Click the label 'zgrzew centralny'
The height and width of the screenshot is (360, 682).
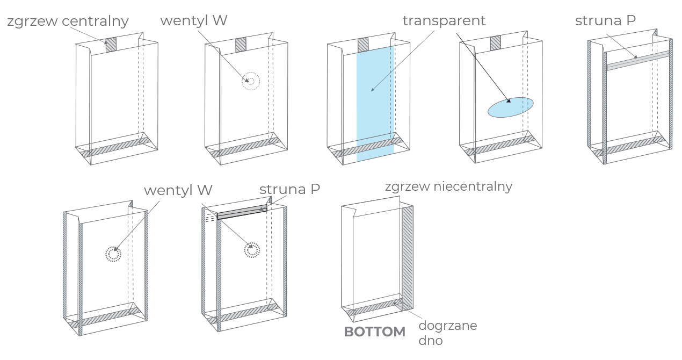(x=68, y=22)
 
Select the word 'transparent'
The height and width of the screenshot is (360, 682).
(x=444, y=21)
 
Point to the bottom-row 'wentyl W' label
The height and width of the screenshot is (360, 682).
(x=178, y=190)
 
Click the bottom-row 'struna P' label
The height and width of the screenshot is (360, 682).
(x=290, y=190)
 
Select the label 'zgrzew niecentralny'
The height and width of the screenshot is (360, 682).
(x=448, y=187)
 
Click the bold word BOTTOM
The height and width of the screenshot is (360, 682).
(x=374, y=332)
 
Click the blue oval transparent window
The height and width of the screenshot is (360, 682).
(x=511, y=107)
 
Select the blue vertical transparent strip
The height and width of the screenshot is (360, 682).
(x=375, y=102)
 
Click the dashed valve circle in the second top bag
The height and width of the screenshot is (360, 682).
(x=250, y=82)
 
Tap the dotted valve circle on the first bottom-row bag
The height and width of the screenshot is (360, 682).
(x=113, y=254)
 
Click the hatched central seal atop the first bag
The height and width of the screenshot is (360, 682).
(x=111, y=44)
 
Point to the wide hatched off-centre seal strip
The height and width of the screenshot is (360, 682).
(x=408, y=258)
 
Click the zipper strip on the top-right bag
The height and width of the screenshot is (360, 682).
(x=638, y=60)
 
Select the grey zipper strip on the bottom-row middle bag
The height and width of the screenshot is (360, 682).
(x=242, y=213)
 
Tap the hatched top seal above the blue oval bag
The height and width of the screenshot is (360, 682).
(x=495, y=42)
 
